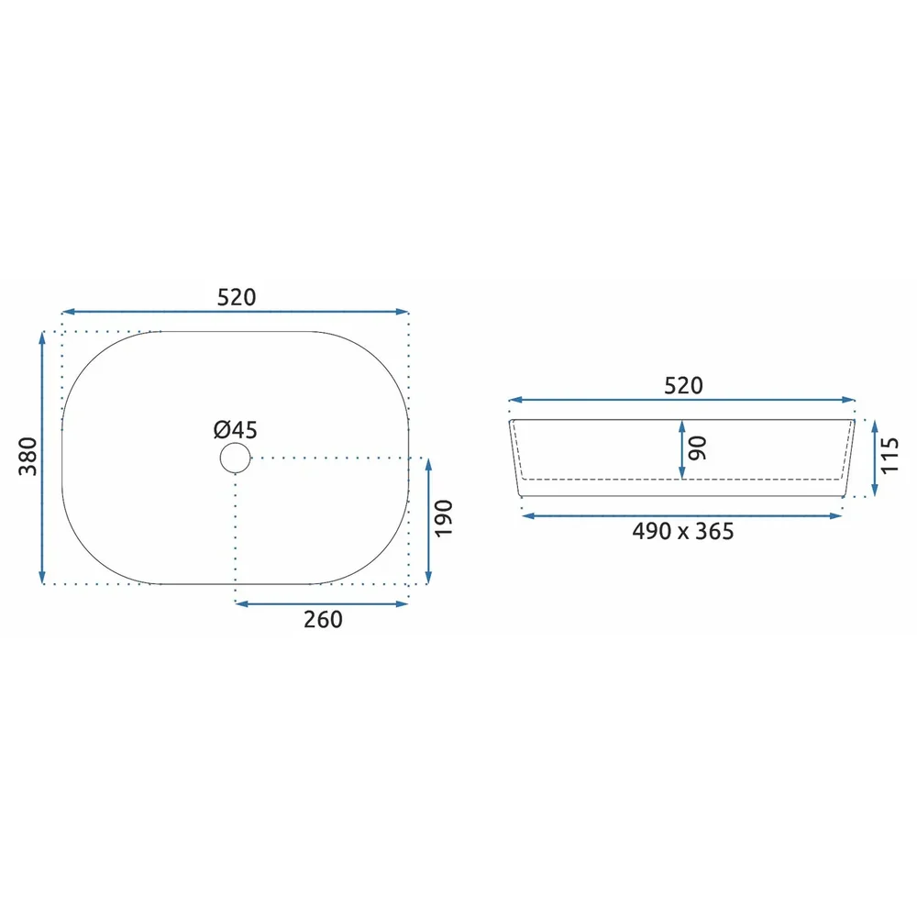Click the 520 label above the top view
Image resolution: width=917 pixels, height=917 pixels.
[x=237, y=298]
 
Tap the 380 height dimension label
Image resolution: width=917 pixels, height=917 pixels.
[x=28, y=456]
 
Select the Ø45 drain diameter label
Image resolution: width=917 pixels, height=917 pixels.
[x=235, y=430]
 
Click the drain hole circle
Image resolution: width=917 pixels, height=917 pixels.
[x=235, y=458]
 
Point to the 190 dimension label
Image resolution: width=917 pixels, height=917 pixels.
[x=444, y=518]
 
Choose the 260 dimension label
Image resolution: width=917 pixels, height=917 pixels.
[x=323, y=619]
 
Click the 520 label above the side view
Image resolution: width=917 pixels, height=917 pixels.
[x=683, y=386]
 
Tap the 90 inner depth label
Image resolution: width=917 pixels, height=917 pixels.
[x=698, y=448]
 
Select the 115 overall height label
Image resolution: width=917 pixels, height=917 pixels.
[x=889, y=456]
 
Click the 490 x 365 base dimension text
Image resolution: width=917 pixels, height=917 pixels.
[x=682, y=532]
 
